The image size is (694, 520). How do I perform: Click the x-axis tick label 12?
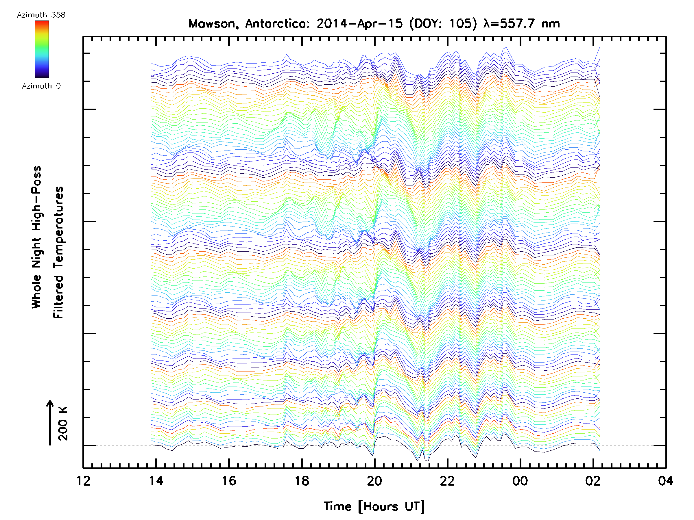pos(84,481)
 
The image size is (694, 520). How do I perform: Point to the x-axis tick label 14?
pos(156,481)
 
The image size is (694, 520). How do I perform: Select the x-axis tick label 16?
pos(229,481)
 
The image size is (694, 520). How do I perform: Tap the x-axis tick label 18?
pos(302,481)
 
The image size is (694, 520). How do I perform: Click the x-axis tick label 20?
pos(374,481)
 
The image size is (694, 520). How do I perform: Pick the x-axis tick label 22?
pos(447,481)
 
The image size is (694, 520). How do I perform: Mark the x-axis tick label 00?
pos(520,481)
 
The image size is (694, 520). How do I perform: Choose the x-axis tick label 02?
pos(593,481)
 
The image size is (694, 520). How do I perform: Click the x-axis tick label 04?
pos(665,481)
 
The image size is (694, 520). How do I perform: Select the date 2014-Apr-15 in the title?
pos(359,24)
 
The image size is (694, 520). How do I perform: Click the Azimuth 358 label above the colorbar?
pos(41,15)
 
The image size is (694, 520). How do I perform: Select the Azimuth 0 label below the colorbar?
pos(41,86)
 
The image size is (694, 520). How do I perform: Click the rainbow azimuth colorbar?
pos(42,49)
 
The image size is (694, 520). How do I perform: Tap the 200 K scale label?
pos(63,423)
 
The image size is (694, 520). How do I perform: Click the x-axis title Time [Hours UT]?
pos(374,506)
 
